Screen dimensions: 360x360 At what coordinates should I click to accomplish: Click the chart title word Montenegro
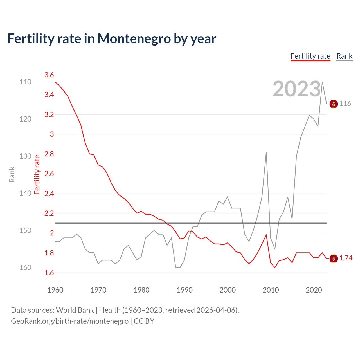(x=134, y=39)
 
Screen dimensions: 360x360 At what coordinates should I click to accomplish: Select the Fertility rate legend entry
(x=310, y=56)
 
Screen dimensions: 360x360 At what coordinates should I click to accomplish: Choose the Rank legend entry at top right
(x=344, y=56)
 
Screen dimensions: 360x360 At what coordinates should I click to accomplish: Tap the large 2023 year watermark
(x=297, y=89)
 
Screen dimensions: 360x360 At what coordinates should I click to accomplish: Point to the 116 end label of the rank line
(x=345, y=104)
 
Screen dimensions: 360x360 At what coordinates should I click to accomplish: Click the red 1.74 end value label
(x=346, y=258)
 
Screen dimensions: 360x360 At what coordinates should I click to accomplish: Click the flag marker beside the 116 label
(x=334, y=104)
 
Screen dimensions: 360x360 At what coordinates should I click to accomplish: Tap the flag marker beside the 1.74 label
(x=334, y=258)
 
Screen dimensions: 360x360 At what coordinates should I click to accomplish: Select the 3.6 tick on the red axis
(x=49, y=75)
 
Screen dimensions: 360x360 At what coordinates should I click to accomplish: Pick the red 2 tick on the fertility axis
(x=52, y=233)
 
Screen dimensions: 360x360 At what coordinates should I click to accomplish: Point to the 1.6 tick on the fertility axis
(x=49, y=273)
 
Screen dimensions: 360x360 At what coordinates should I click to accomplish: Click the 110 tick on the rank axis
(x=25, y=82)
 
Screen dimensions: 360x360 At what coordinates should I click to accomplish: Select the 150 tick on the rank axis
(x=25, y=230)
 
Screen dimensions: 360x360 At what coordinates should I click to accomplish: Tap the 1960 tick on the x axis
(x=55, y=290)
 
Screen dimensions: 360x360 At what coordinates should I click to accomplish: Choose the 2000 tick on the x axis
(x=228, y=290)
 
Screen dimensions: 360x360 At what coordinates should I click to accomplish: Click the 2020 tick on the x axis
(x=314, y=290)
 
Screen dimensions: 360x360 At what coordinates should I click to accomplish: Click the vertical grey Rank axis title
(x=12, y=174)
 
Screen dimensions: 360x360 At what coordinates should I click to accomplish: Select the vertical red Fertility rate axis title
(x=37, y=174)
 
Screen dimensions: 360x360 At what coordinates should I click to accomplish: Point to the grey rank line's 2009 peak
(x=266, y=153)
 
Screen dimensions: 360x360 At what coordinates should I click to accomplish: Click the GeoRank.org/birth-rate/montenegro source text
(x=70, y=321)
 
